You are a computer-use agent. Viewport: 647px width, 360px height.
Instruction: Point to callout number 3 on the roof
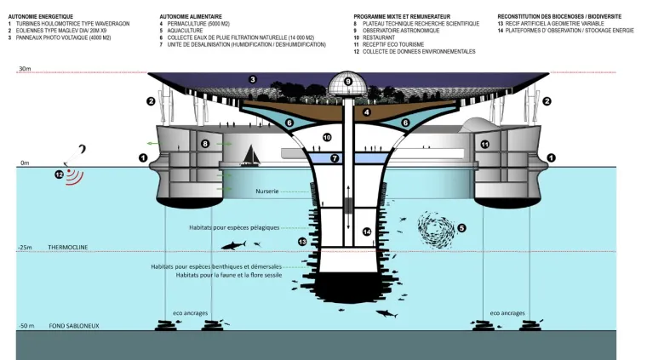253,80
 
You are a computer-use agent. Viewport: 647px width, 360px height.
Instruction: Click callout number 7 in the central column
335,158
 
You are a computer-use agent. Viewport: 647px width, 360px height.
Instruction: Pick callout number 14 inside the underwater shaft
366,231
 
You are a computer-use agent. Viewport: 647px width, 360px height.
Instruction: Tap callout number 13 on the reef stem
302,242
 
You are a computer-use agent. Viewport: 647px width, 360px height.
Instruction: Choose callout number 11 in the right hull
484,145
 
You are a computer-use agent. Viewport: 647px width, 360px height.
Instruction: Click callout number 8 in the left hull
205,145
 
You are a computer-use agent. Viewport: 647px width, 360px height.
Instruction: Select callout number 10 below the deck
326,137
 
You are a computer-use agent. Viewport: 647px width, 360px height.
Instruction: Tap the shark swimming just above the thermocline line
233,245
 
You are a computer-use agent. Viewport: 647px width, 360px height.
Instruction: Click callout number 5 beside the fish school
461,227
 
